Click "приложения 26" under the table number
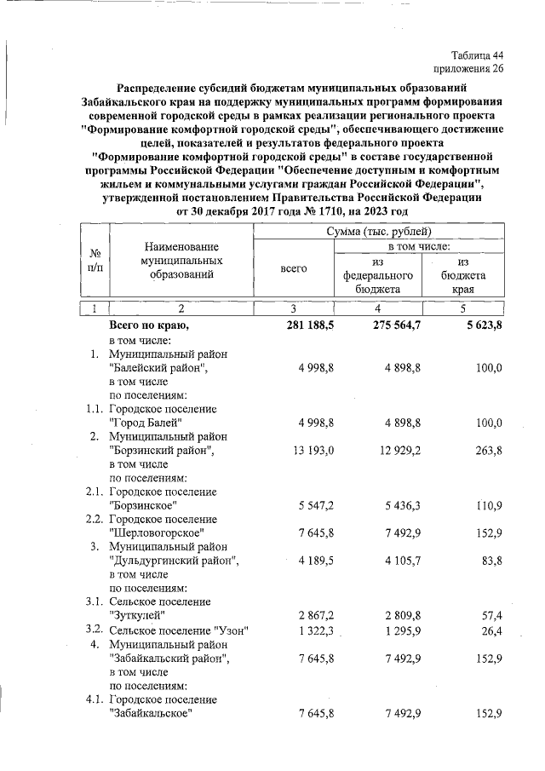[468, 69]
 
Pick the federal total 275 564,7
[386, 325]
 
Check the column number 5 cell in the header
[463, 308]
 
